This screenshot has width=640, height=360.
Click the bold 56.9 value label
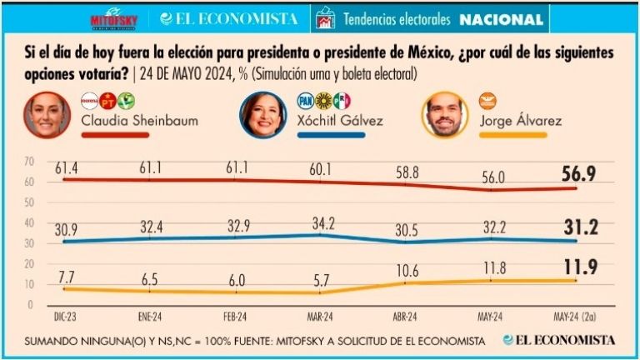pyautogui.click(x=576, y=172)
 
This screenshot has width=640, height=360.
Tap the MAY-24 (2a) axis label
pyautogui.click(x=575, y=316)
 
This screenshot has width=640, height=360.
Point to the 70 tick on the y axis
pyautogui.click(x=29, y=161)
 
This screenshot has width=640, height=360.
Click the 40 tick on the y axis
pyautogui.click(x=29, y=222)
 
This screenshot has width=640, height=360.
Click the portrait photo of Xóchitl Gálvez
pyautogui.click(x=260, y=115)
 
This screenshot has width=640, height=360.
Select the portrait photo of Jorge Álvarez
pyautogui.click(x=445, y=115)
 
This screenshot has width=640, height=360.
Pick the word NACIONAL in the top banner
pyautogui.click(x=502, y=18)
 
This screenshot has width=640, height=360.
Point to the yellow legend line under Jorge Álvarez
pyautogui.click(x=512, y=134)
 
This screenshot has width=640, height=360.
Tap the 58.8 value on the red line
pyautogui.click(x=407, y=174)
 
